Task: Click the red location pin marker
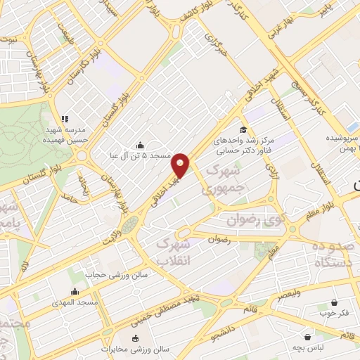tap(181, 165)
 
